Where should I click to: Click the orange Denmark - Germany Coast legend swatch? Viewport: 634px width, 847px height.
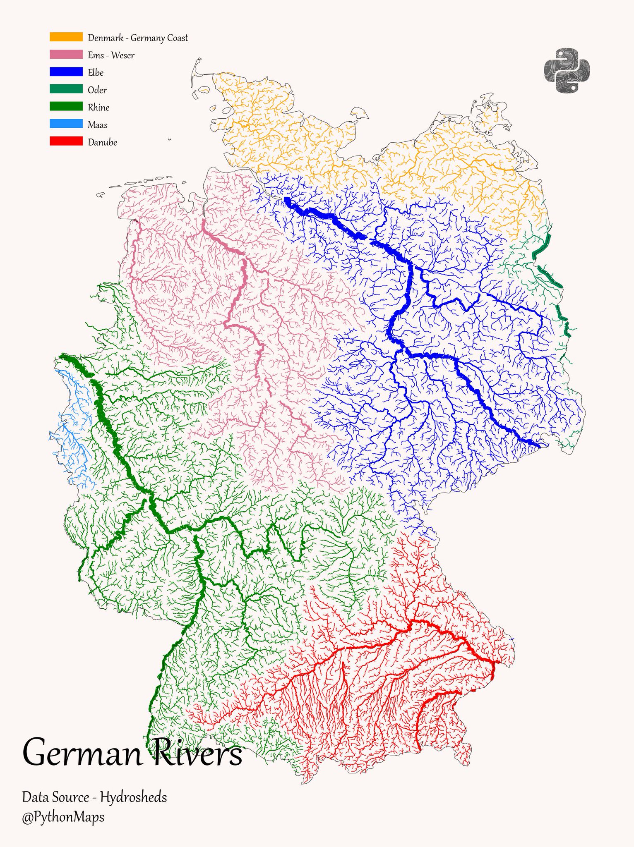pos(66,37)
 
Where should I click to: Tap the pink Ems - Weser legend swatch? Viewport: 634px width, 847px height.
pos(66,55)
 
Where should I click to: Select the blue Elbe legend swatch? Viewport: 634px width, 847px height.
pos(66,72)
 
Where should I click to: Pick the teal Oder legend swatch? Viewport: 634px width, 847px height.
pos(66,89)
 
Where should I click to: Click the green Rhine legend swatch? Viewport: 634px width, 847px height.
pos(66,107)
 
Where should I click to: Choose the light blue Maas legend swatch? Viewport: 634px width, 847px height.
pos(66,124)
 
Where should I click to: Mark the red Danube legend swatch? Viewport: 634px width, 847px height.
pos(66,141)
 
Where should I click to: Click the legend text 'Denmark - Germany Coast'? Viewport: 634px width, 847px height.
pos(138,38)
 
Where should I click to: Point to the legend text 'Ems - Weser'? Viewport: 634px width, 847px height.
pos(111,55)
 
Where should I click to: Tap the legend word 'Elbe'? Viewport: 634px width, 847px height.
pos(96,73)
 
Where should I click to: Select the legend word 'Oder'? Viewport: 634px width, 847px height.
pos(97,90)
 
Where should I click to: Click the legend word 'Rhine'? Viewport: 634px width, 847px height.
pos(98,108)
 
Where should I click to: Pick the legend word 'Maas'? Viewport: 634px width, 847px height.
pos(98,125)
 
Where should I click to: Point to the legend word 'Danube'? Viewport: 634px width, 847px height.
pos(102,142)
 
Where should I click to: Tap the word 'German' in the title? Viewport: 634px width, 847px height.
pos(82,753)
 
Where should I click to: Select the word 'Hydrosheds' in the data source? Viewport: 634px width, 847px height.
pos(133,797)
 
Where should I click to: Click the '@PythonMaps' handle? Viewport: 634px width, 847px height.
pos(63,817)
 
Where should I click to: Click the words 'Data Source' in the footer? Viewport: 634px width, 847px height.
pos(55,797)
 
